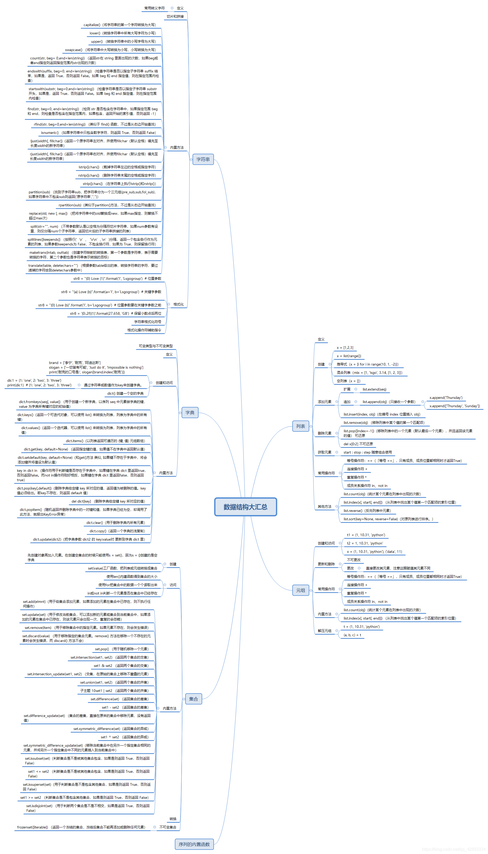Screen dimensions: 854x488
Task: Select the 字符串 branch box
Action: pos(203,159)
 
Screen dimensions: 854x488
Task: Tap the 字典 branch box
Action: pos(190,412)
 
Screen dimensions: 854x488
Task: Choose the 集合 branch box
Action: pos(193,699)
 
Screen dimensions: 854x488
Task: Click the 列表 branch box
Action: pos(300,426)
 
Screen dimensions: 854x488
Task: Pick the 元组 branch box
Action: pos(300,590)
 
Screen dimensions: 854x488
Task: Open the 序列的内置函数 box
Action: pos(194,844)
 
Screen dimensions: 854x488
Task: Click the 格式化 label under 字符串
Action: pos(178,304)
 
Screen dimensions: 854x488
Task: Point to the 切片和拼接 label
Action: pos(175,16)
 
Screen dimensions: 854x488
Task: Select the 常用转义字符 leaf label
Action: pos(154,8)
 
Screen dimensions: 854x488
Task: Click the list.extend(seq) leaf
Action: pos(374,389)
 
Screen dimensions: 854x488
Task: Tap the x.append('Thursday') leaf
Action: pos(446,398)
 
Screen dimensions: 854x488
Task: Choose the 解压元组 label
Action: pos(324,631)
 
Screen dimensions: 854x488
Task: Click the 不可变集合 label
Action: pos(168,827)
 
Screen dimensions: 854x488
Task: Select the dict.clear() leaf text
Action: pos(115,523)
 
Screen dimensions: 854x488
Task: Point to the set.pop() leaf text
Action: pos(121,649)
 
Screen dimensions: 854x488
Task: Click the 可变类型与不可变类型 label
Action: pos(156,346)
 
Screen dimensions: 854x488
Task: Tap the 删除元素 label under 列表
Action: pos(324,433)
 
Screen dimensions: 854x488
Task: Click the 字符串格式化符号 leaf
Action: pos(147,322)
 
